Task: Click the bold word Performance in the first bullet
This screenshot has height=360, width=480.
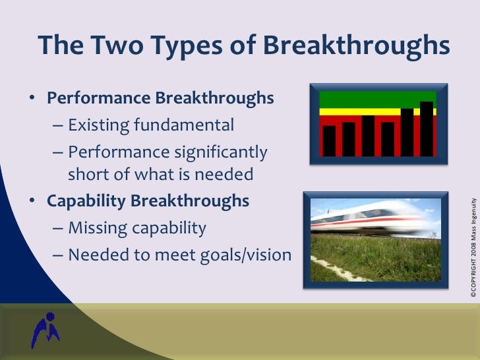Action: click(x=98, y=98)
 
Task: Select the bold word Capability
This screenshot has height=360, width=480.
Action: click(x=86, y=200)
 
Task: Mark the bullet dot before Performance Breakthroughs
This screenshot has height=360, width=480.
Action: click(x=32, y=99)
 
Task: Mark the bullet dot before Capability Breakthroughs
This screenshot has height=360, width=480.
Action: click(x=32, y=201)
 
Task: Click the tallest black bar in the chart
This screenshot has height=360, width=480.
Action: click(x=427, y=129)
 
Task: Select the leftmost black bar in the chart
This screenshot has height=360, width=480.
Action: click(x=328, y=140)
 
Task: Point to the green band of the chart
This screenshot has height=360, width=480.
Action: click(x=375, y=99)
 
